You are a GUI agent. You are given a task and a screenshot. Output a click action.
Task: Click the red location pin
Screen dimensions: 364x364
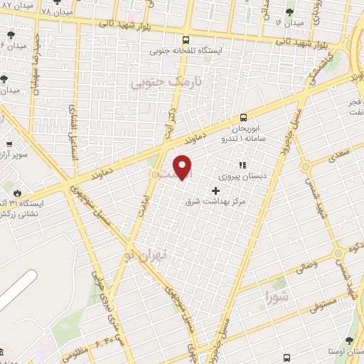coord(183,167)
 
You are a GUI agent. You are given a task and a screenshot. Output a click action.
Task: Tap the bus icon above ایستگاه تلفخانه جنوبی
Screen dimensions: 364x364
coord(186,40)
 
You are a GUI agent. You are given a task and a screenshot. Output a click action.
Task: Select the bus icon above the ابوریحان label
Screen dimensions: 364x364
coord(244,117)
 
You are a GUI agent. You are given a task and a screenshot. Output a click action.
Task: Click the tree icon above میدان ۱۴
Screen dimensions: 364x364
coord(289,12)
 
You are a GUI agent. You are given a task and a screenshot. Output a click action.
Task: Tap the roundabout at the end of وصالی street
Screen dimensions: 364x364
coord(337,254)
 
